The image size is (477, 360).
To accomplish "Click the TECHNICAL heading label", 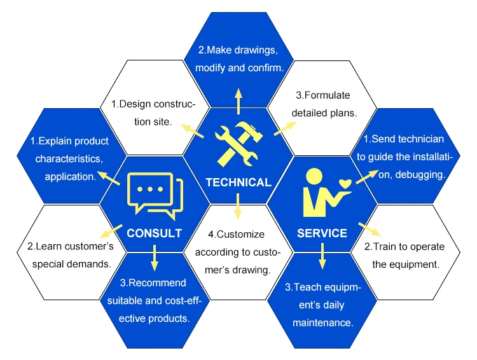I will [x=238, y=183].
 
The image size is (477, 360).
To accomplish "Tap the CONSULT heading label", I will [x=155, y=233].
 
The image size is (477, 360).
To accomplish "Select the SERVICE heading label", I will [x=322, y=233].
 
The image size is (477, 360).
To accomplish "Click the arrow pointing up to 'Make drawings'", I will [x=238, y=100].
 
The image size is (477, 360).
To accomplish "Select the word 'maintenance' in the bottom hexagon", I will [x=322, y=323].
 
